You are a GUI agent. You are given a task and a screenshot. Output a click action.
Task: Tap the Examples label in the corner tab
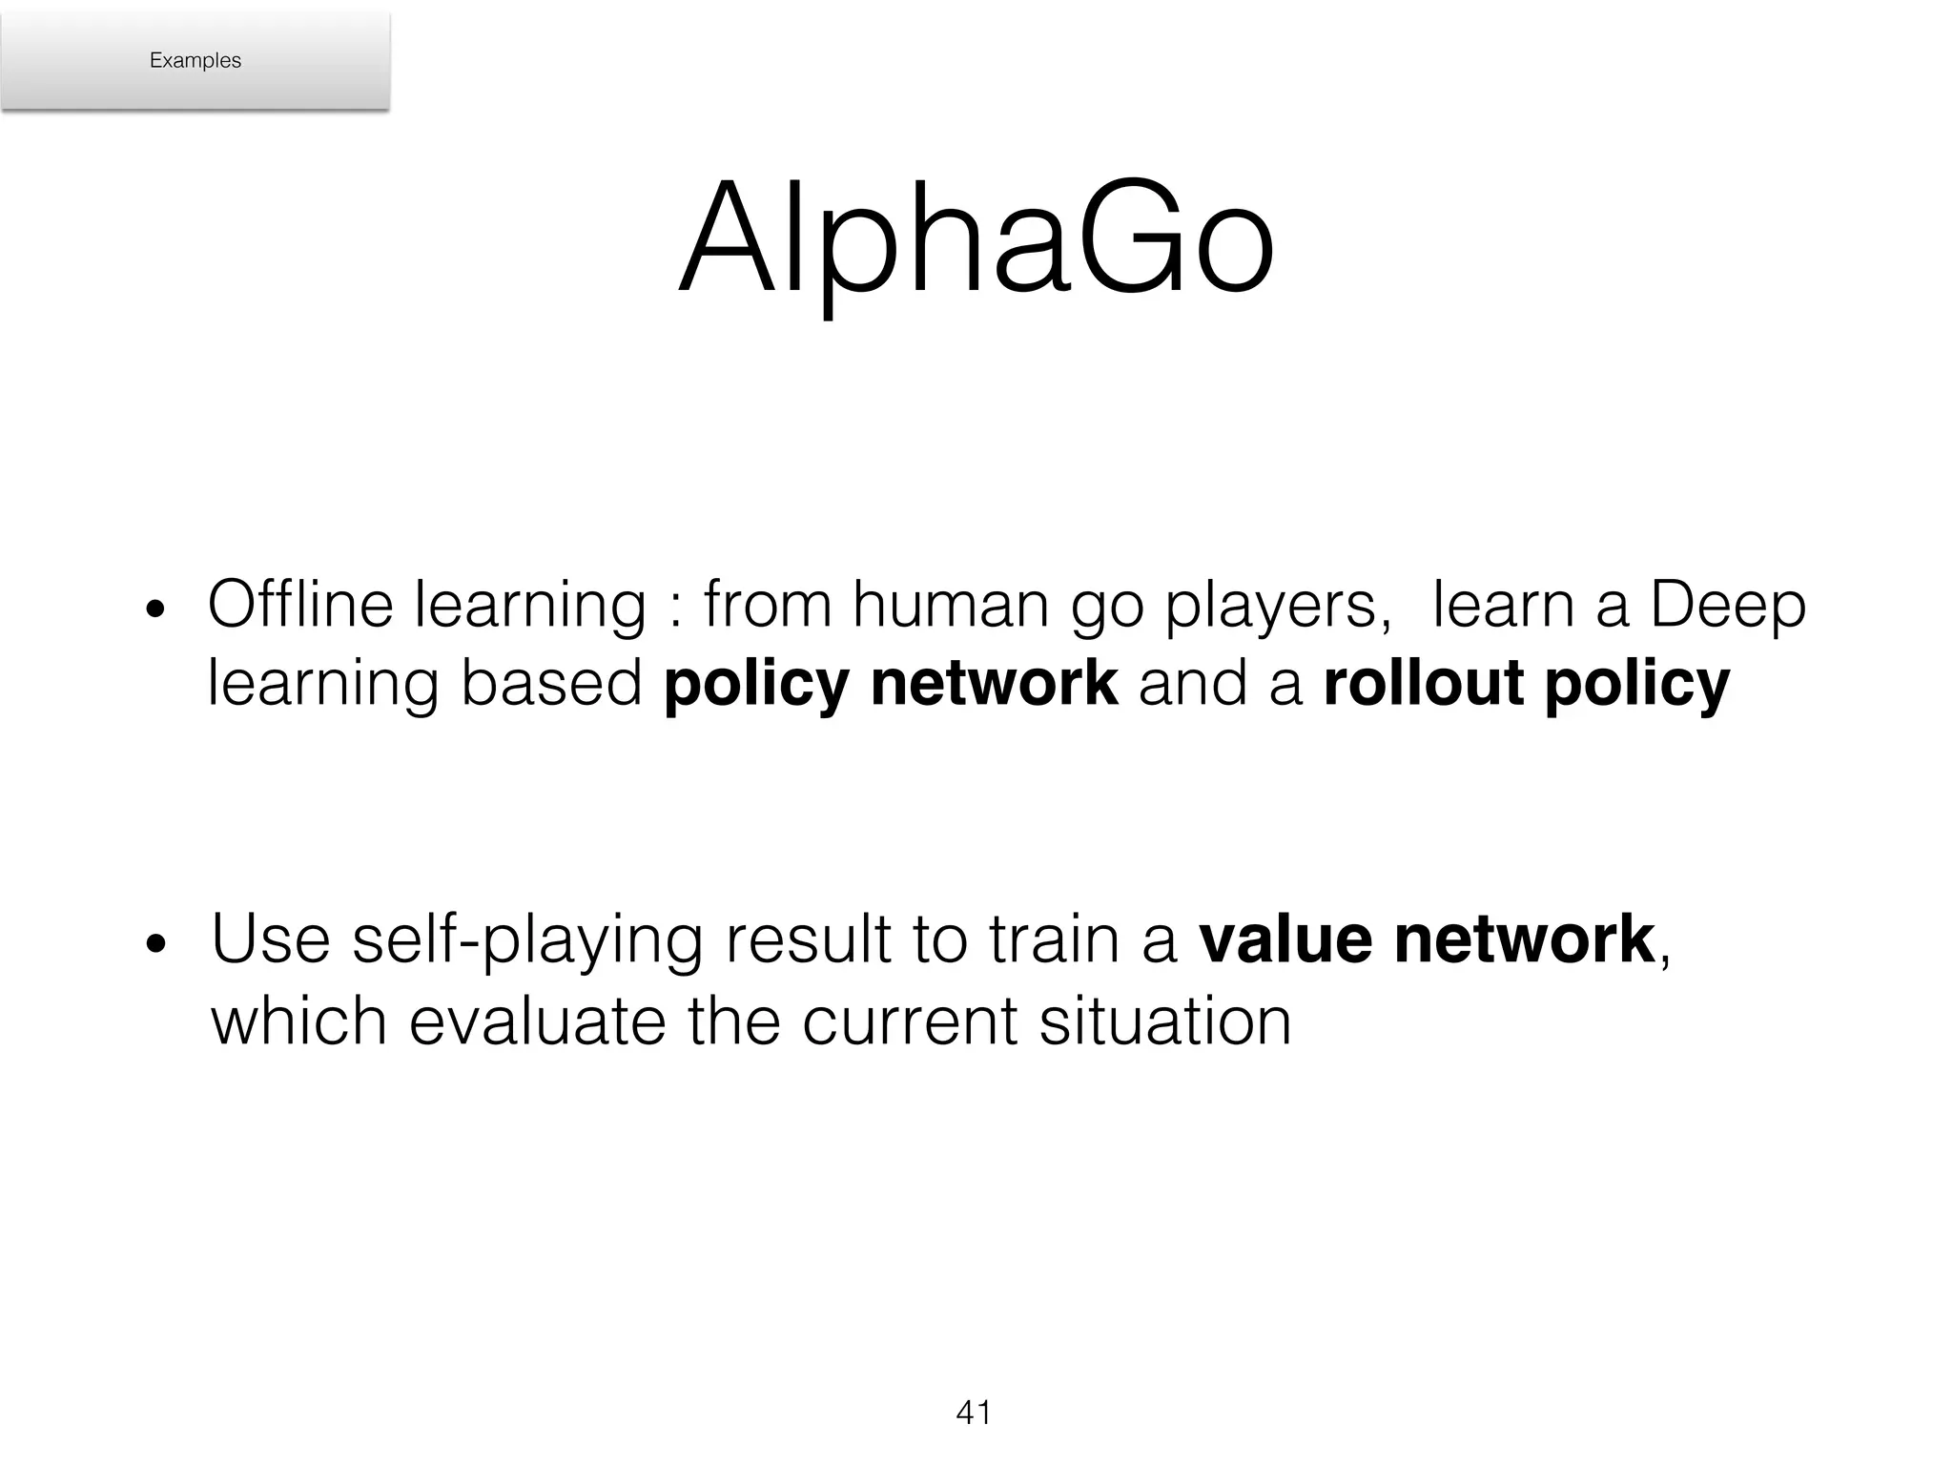pos(195,60)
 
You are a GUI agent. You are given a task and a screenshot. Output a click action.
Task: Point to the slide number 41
pos(974,1413)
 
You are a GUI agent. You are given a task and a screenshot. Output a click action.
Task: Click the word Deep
pos(1727,607)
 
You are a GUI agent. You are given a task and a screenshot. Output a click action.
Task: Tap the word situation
pos(1165,1021)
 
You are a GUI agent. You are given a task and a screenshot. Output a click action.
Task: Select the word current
pos(912,1021)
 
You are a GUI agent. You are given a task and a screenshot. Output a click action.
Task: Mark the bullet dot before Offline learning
pos(155,611)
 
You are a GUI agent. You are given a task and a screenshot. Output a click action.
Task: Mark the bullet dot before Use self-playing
pos(155,945)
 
